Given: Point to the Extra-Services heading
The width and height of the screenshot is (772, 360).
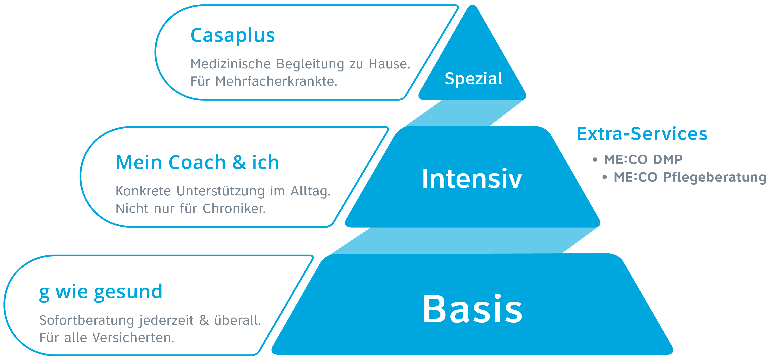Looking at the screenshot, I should coord(642,134).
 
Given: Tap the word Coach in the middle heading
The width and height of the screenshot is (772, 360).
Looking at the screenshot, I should coord(197,163).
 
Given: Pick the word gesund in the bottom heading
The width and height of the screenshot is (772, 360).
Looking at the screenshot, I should coord(128,292).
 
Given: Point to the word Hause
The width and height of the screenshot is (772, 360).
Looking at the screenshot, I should coord(389,64).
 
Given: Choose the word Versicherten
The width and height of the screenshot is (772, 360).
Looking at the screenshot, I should coord(133,338).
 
